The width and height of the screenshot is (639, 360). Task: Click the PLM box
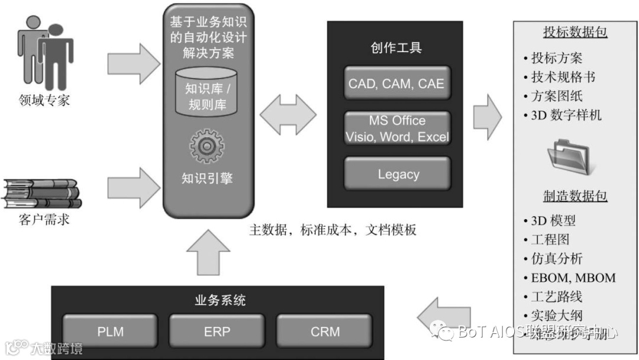110,331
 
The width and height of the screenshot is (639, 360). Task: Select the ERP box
217,331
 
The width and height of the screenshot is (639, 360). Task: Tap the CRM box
325,331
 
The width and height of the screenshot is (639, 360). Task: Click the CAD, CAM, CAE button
396,84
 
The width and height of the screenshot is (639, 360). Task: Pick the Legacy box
398,174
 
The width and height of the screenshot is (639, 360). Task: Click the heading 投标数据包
575,32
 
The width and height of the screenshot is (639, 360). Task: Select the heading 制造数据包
575,195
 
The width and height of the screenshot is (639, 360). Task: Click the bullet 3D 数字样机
566,115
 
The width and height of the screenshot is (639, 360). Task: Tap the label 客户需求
44,220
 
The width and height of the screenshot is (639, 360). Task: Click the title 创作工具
397,48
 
